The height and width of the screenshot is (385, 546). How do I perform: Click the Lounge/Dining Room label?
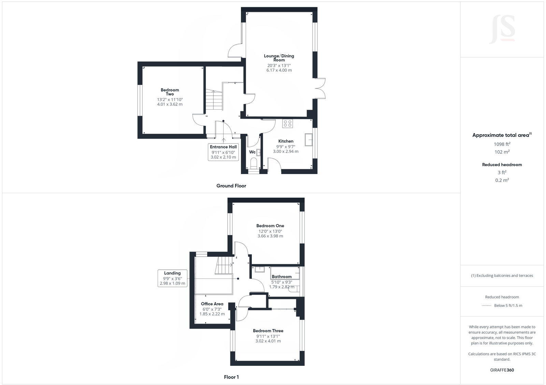coord(279,58)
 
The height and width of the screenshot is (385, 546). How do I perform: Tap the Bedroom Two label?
coord(170,92)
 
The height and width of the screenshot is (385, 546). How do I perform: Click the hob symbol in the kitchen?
coord(287,123)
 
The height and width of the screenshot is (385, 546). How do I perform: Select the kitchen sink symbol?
coord(309,140)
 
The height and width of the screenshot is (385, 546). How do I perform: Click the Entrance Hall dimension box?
coord(223,152)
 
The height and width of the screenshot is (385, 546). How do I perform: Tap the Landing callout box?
coord(172,278)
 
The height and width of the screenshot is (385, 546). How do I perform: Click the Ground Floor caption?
coord(231,186)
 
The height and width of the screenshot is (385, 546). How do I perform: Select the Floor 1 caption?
coord(231,377)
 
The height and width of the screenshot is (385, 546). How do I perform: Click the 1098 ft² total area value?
coord(502,144)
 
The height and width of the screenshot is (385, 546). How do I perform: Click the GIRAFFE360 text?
coord(502,370)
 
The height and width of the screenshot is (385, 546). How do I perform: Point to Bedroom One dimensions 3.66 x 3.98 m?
coord(270,236)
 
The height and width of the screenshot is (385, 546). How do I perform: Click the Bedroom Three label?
coord(268,331)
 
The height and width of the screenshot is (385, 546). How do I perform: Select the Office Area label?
coord(212,304)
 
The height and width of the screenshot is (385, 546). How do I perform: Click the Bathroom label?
coord(282,276)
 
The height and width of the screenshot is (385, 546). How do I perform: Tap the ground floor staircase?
coord(214,100)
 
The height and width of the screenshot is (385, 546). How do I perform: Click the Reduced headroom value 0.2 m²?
coord(502,180)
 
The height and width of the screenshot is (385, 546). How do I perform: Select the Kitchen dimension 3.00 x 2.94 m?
coord(286,151)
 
